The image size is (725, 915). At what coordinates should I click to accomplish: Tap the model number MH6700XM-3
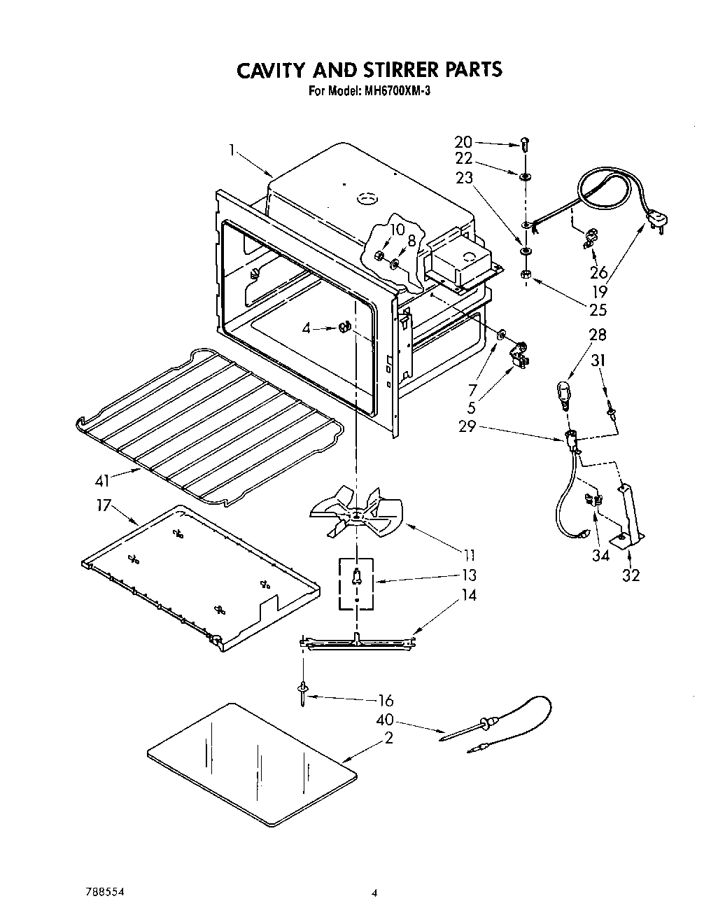(x=392, y=90)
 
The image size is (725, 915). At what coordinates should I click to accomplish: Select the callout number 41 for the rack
(x=103, y=481)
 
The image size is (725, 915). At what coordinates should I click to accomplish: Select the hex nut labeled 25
(x=526, y=275)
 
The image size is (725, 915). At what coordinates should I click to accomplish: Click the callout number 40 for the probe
(x=385, y=719)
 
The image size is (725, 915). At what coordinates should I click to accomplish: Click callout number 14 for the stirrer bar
(x=468, y=596)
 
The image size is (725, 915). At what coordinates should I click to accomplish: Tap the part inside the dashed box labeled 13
(x=357, y=576)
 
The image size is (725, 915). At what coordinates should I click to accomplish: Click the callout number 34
(x=600, y=556)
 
